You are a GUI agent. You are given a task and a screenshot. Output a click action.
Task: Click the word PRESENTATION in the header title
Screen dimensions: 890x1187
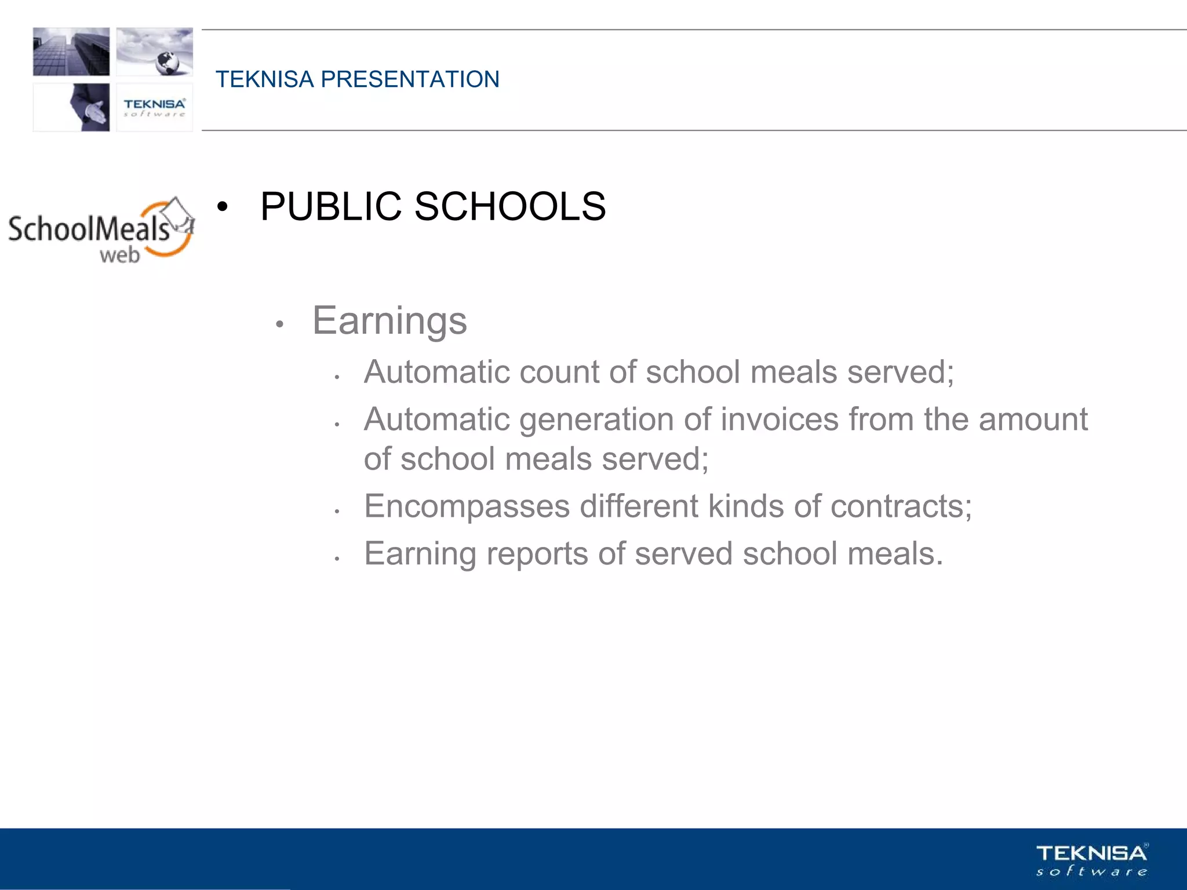[x=410, y=79]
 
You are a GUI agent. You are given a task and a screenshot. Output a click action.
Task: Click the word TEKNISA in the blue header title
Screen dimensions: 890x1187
[x=264, y=79]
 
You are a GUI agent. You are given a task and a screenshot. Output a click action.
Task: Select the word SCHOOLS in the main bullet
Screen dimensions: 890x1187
[x=510, y=206]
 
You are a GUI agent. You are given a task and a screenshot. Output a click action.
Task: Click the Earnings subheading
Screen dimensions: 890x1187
[x=389, y=320]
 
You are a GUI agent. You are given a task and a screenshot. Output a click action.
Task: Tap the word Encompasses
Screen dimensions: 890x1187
[x=467, y=507]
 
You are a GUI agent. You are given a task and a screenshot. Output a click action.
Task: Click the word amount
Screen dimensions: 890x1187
[x=1033, y=420]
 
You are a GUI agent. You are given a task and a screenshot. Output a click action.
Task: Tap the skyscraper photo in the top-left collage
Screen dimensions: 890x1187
[x=71, y=52]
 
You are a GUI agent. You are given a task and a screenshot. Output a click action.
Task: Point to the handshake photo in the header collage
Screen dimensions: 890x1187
[x=90, y=108]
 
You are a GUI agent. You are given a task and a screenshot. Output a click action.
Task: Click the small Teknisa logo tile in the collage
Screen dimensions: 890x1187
[x=154, y=107]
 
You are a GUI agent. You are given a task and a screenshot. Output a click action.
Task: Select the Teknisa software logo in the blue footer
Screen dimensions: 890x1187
[x=1091, y=860]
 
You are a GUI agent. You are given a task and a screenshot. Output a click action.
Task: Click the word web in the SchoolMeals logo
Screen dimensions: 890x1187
[x=120, y=254]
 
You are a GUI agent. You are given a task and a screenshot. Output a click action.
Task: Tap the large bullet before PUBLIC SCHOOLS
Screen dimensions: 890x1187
[x=222, y=207]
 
